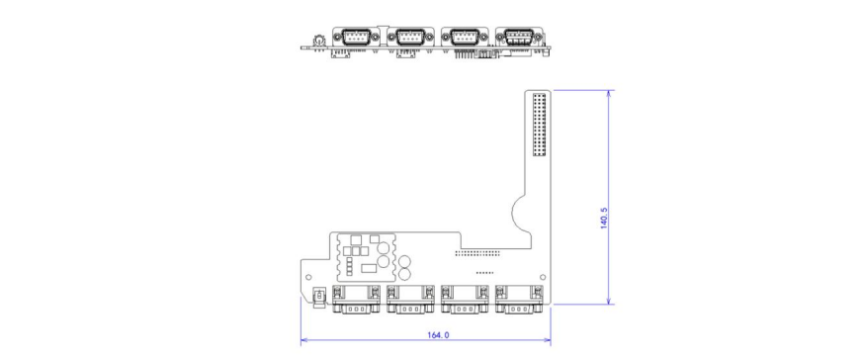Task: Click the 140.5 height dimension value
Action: pyautogui.click(x=604, y=218)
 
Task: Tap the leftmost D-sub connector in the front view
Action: pyautogui.click(x=355, y=38)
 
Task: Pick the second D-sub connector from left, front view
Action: pyautogui.click(x=409, y=38)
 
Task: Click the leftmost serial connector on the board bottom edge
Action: pyautogui.click(x=356, y=299)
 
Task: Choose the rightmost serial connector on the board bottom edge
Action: pyautogui.click(x=518, y=299)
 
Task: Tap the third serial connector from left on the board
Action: pyautogui.click(x=465, y=299)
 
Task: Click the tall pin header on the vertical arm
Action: pyautogui.click(x=539, y=125)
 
